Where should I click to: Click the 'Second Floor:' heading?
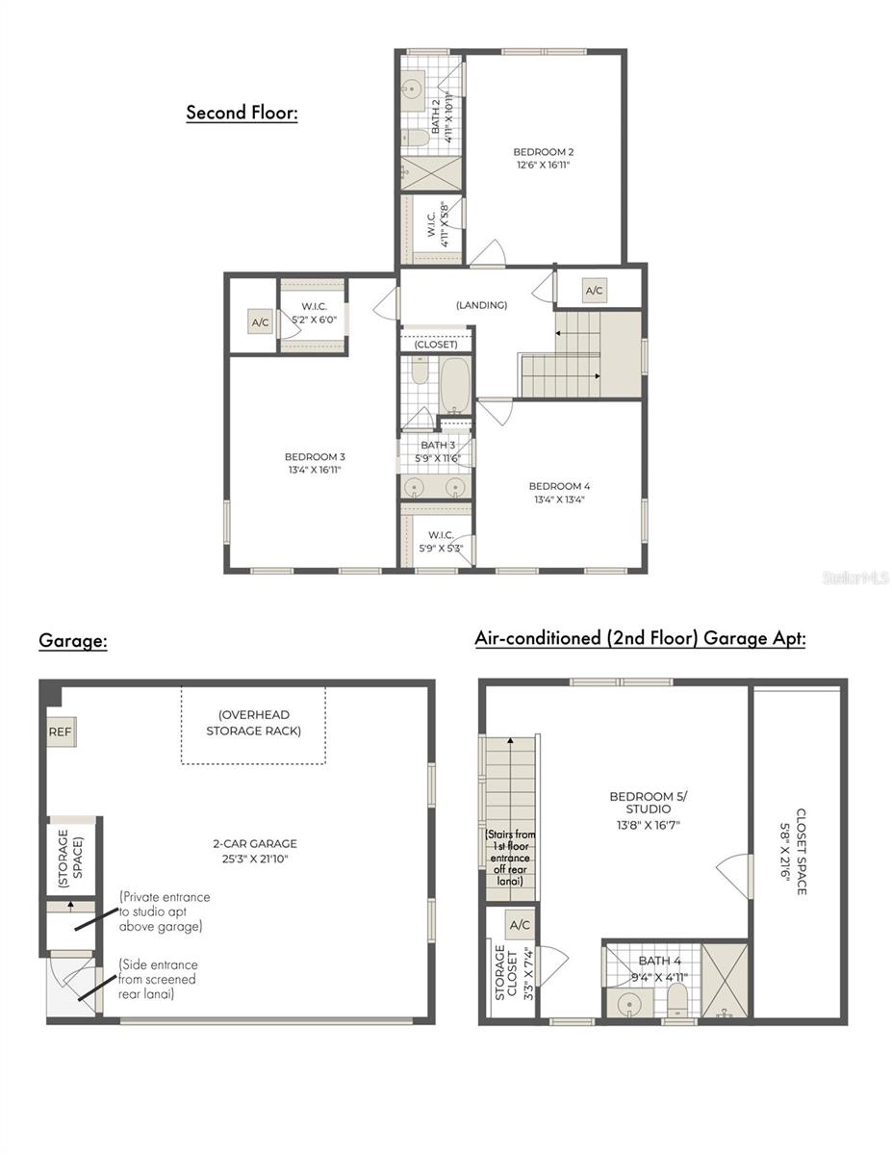click(242, 113)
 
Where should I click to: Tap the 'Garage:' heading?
click(73, 640)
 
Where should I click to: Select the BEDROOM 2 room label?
click(543, 152)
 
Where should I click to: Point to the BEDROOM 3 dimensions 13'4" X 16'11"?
click(315, 470)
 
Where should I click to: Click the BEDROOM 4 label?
click(559, 486)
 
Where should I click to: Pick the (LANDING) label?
click(481, 305)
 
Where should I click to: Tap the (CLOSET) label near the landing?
click(436, 345)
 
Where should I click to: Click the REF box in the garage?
click(61, 731)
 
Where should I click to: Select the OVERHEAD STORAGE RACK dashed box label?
click(253, 723)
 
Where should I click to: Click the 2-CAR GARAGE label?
click(255, 843)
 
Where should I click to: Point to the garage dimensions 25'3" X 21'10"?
click(255, 859)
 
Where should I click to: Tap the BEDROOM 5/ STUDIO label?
click(649, 803)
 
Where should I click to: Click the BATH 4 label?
click(659, 961)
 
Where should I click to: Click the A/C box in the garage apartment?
click(520, 925)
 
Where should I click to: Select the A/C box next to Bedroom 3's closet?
click(261, 322)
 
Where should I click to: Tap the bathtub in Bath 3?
click(456, 385)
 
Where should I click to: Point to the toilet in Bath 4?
click(677, 998)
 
